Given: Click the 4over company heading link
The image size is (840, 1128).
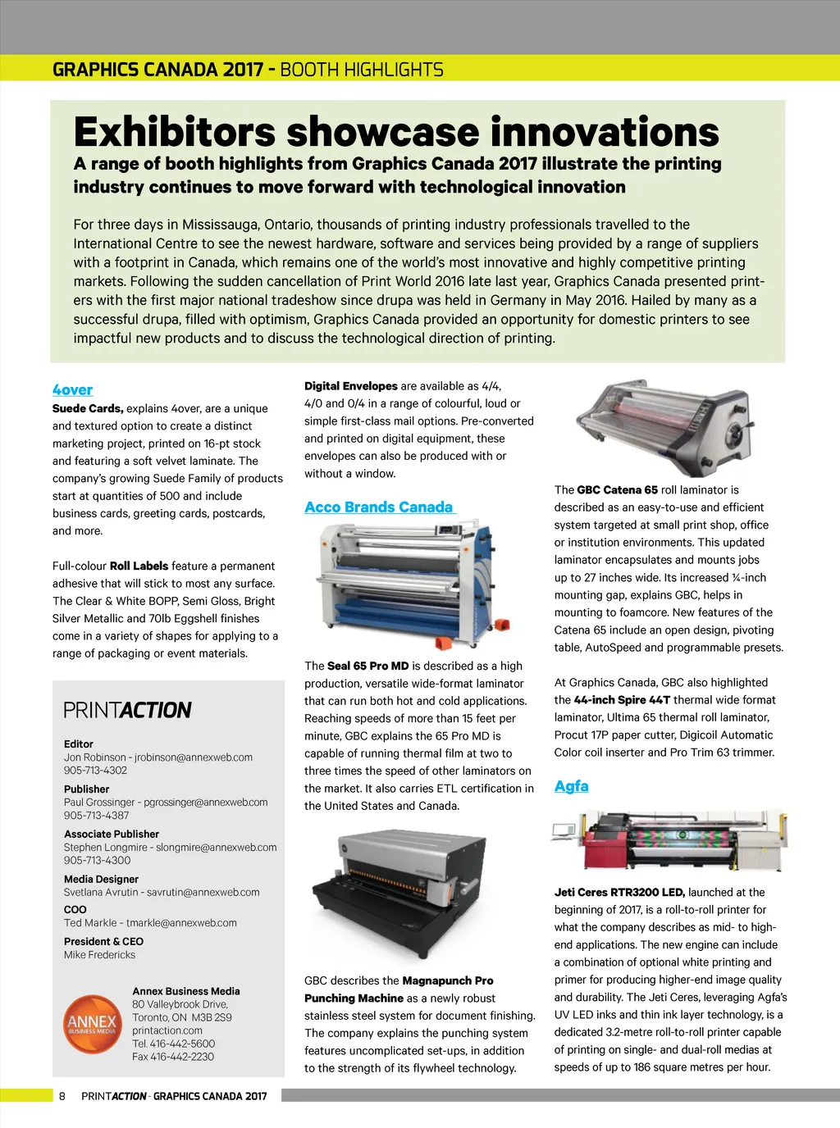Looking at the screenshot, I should [72, 390].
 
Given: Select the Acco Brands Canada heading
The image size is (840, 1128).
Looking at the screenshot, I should [379, 507].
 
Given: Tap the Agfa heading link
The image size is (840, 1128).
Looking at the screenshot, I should [571, 786].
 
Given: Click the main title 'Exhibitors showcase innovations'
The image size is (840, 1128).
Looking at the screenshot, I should [396, 132].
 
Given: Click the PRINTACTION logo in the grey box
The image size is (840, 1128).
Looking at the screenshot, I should [128, 710].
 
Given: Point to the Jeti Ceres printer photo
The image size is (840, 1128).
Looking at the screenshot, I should [669, 840].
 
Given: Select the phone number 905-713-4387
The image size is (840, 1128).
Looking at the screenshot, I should [97, 816].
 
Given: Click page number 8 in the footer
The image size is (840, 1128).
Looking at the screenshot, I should [62, 1096].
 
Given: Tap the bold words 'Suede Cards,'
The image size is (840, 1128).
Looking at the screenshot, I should [88, 408].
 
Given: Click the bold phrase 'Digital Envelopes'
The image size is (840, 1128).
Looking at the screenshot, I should [351, 386].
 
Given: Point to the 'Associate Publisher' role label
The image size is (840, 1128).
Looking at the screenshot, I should [112, 834].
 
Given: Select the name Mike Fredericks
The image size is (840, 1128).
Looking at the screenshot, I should [100, 955].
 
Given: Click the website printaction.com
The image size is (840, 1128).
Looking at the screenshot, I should [167, 1030].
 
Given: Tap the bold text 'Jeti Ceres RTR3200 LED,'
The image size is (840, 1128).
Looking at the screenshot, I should [619, 892].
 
